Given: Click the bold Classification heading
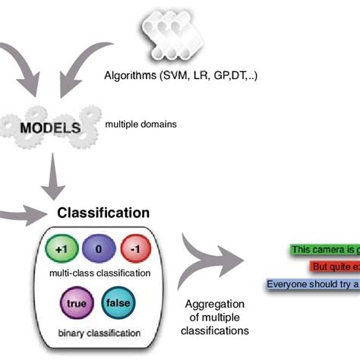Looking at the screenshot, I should [x=104, y=213].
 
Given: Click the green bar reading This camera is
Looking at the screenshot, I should [x=325, y=249].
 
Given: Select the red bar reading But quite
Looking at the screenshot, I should [x=334, y=267].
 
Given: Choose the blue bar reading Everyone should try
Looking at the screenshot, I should [x=312, y=285].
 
